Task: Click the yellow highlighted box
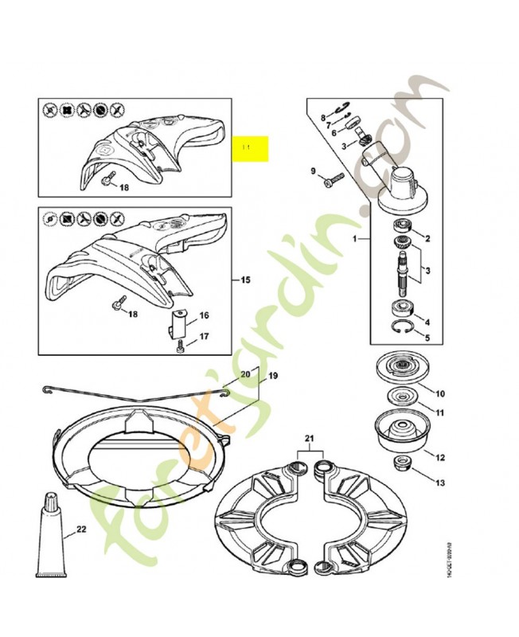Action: [x=250, y=149]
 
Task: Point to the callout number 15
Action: [x=245, y=280]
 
